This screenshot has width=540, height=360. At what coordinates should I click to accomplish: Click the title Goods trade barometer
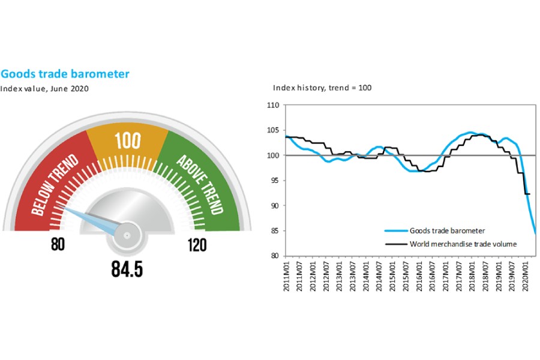65,74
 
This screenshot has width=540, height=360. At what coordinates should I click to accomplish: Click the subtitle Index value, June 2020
44,89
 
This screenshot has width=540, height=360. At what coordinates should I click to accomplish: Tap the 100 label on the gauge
128,141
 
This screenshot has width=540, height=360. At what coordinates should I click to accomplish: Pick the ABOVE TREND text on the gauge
200,184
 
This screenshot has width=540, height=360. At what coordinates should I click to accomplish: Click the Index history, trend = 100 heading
322,88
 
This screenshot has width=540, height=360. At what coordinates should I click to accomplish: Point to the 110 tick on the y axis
274,106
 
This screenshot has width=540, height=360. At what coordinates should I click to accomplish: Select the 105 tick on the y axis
274,131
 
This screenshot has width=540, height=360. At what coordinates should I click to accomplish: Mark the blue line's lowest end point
535,233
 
